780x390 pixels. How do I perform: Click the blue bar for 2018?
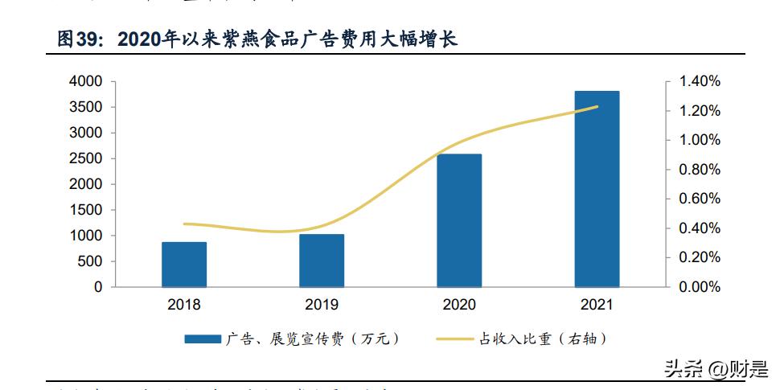184,265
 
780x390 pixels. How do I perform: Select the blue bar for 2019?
322,261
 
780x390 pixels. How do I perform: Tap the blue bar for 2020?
459,220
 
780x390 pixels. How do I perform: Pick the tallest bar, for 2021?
597,189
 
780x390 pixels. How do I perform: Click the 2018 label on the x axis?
184,305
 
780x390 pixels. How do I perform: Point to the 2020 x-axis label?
459,305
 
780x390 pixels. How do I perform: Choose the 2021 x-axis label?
597,305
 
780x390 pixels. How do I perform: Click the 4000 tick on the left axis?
86,81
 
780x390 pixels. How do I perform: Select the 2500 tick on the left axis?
86,158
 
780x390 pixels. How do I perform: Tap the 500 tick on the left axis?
90,261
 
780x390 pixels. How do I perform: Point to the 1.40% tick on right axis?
700,81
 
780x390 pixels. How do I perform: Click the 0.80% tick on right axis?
700,170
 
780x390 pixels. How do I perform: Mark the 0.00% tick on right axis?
700,287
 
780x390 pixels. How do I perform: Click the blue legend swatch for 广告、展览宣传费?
203,339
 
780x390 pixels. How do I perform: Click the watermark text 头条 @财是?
714,369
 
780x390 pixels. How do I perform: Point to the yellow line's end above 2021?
597,106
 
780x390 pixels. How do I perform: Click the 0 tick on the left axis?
98,287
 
